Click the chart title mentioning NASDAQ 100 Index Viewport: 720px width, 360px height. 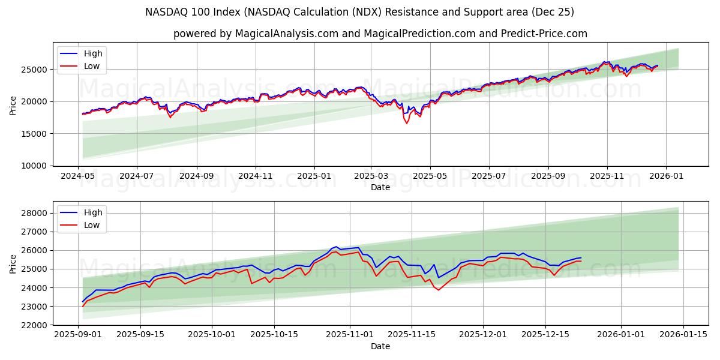[359, 12]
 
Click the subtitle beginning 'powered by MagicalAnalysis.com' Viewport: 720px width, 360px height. [380, 34]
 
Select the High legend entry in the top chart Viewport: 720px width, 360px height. [93, 53]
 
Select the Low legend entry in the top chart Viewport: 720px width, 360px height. [92, 66]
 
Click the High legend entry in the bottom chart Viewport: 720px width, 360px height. [93, 212]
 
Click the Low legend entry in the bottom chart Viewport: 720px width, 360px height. [92, 225]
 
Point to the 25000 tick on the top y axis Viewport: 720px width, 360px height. [34, 70]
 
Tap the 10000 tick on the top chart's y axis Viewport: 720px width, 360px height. [34, 166]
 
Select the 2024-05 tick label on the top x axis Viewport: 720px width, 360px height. [78, 176]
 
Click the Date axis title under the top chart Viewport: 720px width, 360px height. [380, 187]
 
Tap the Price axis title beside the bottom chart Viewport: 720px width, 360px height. [13, 263]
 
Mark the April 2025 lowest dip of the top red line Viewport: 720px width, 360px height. [406, 123]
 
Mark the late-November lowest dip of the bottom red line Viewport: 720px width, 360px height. [438, 290]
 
